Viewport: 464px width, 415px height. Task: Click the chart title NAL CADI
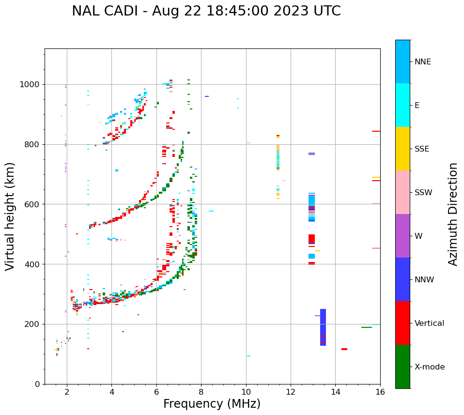point(206,11)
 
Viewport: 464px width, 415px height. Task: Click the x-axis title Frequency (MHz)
point(212,404)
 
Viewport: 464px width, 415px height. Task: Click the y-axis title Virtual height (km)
point(10,216)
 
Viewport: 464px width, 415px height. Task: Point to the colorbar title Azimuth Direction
point(453,214)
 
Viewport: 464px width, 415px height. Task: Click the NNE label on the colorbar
point(423,62)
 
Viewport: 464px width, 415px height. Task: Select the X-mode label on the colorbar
point(430,367)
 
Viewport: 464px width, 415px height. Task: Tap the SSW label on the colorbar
point(424,193)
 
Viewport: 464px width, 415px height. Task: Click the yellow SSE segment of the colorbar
point(402,149)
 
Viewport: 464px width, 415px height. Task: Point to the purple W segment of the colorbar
point(402,236)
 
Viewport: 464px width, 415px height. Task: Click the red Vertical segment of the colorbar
point(402,323)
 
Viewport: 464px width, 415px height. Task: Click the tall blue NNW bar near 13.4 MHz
point(323,327)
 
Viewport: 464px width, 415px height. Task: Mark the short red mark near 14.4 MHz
point(344,349)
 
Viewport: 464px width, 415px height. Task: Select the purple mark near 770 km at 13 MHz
point(311,154)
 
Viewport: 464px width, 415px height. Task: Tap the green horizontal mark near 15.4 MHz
point(367,327)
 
